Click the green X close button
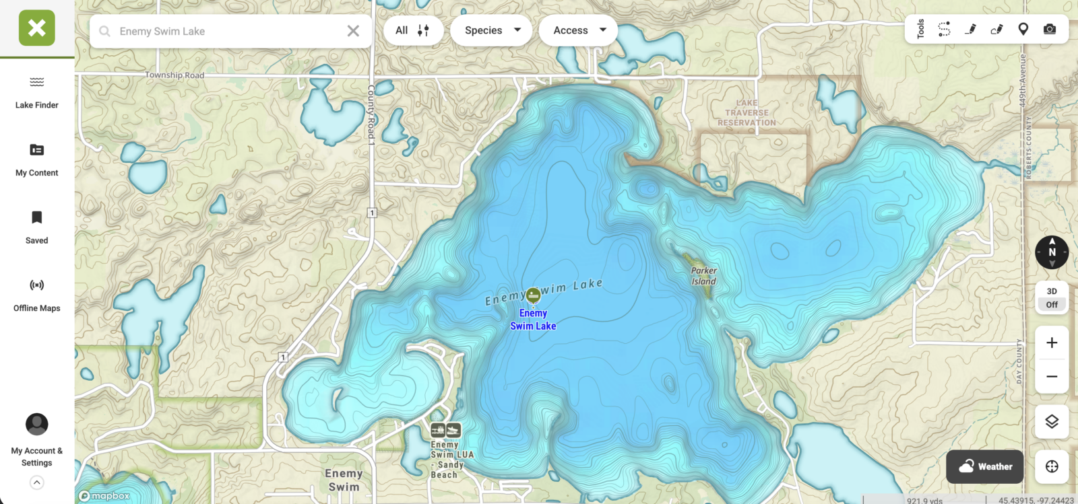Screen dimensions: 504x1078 click(x=37, y=28)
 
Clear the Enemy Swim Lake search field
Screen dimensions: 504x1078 click(x=353, y=31)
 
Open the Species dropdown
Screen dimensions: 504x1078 click(x=493, y=30)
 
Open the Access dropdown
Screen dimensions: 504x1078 click(x=579, y=30)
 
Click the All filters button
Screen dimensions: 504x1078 click(x=412, y=30)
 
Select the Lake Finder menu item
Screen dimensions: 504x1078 click(x=37, y=92)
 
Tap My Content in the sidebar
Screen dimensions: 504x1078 click(x=37, y=159)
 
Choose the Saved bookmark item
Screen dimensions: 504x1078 click(x=37, y=227)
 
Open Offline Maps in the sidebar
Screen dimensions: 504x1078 click(x=37, y=295)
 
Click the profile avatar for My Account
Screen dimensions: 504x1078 click(x=37, y=425)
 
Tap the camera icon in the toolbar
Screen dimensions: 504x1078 click(x=1050, y=29)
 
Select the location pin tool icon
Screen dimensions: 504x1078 click(x=1023, y=29)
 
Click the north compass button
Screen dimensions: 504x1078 click(x=1052, y=252)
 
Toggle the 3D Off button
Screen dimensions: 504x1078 click(x=1052, y=297)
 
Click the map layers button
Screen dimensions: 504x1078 click(x=1052, y=422)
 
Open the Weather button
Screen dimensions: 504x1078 click(x=985, y=466)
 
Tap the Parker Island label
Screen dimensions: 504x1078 click(x=703, y=276)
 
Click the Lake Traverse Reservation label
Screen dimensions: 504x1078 click(x=747, y=113)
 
